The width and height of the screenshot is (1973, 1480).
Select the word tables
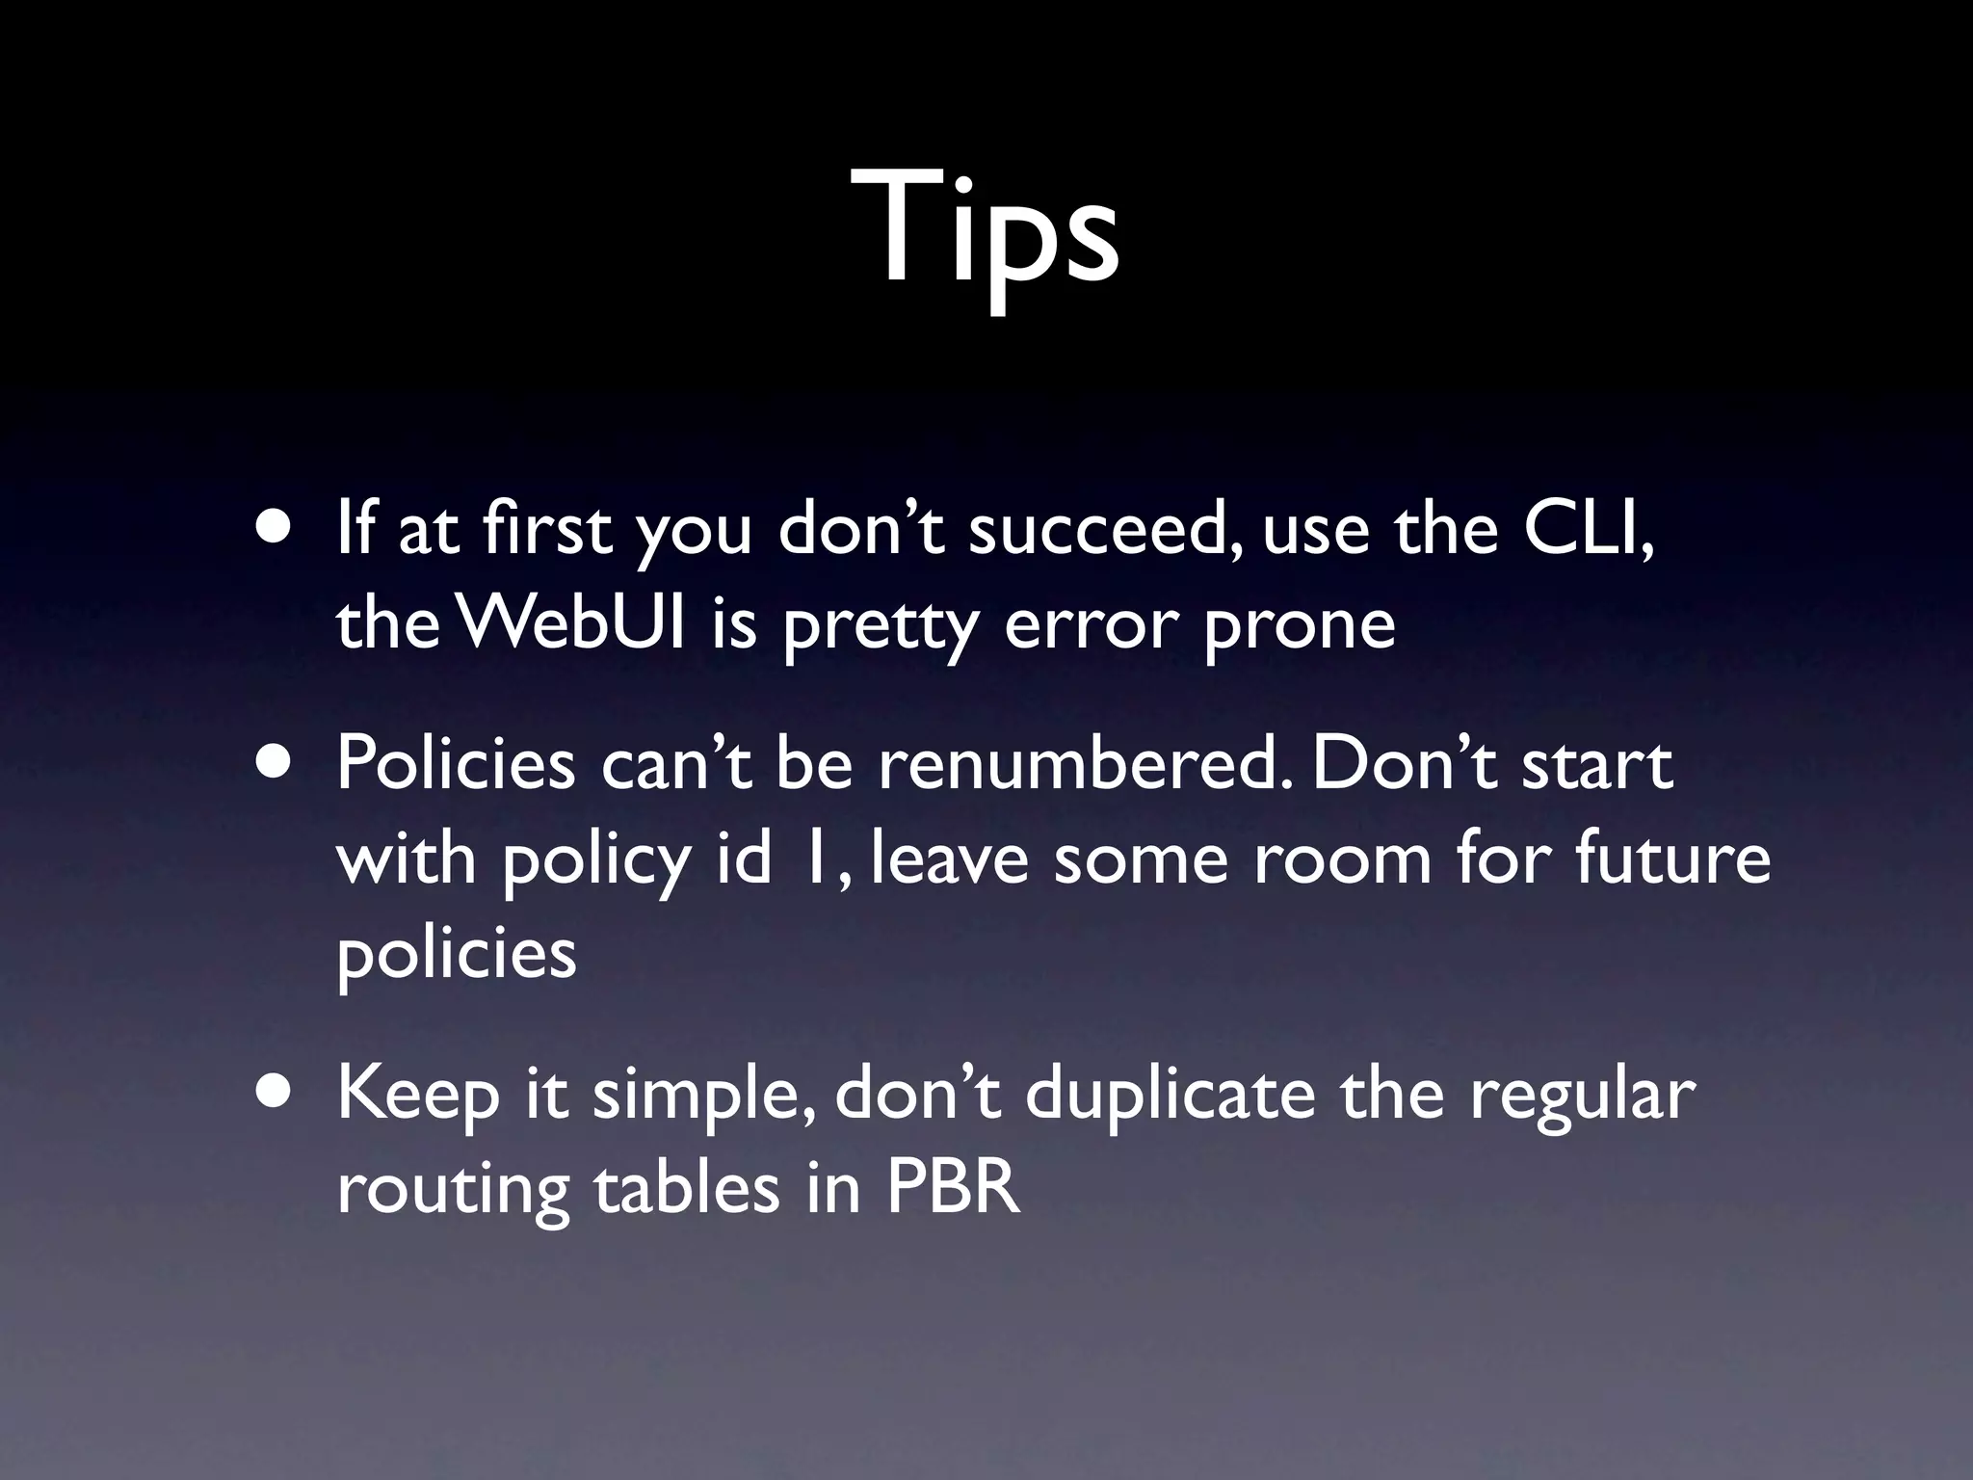[x=686, y=1188]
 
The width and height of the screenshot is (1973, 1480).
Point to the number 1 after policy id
[x=814, y=858]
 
